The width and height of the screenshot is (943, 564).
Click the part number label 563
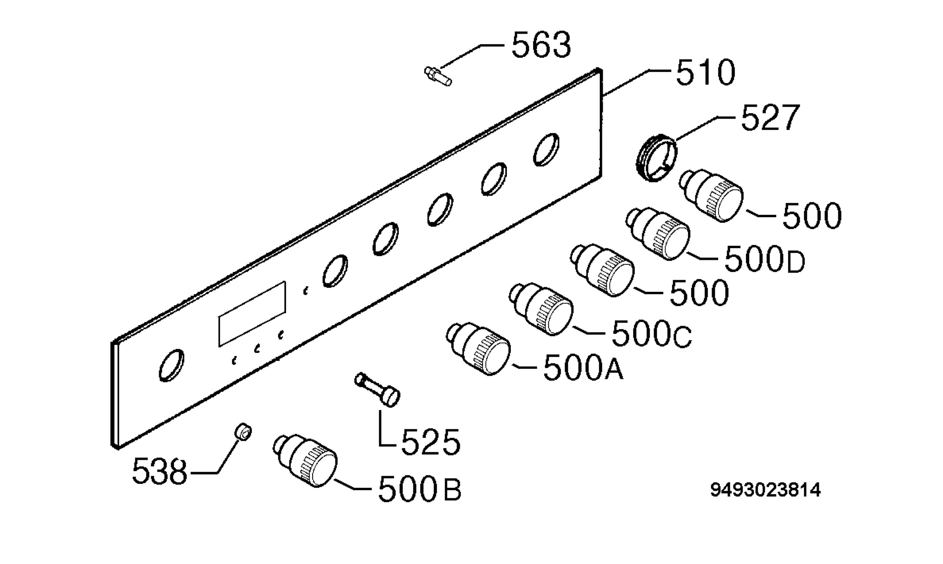541,45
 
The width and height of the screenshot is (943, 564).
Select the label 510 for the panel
705,72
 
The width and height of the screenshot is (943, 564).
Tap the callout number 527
771,117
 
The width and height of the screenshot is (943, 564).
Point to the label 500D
765,260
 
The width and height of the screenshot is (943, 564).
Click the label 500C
652,333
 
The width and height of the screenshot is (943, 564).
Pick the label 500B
420,489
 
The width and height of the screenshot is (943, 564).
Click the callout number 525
430,443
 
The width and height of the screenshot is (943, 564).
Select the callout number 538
160,471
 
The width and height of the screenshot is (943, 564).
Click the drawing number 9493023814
766,490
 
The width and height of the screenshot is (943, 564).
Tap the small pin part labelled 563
438,76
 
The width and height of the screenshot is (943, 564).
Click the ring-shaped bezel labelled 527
656,158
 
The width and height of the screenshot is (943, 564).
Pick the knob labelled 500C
541,309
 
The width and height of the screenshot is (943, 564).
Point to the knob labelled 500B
305,461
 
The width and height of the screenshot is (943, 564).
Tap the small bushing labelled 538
243,432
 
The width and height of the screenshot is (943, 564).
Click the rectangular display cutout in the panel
252,314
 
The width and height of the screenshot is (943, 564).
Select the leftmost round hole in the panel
172,365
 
